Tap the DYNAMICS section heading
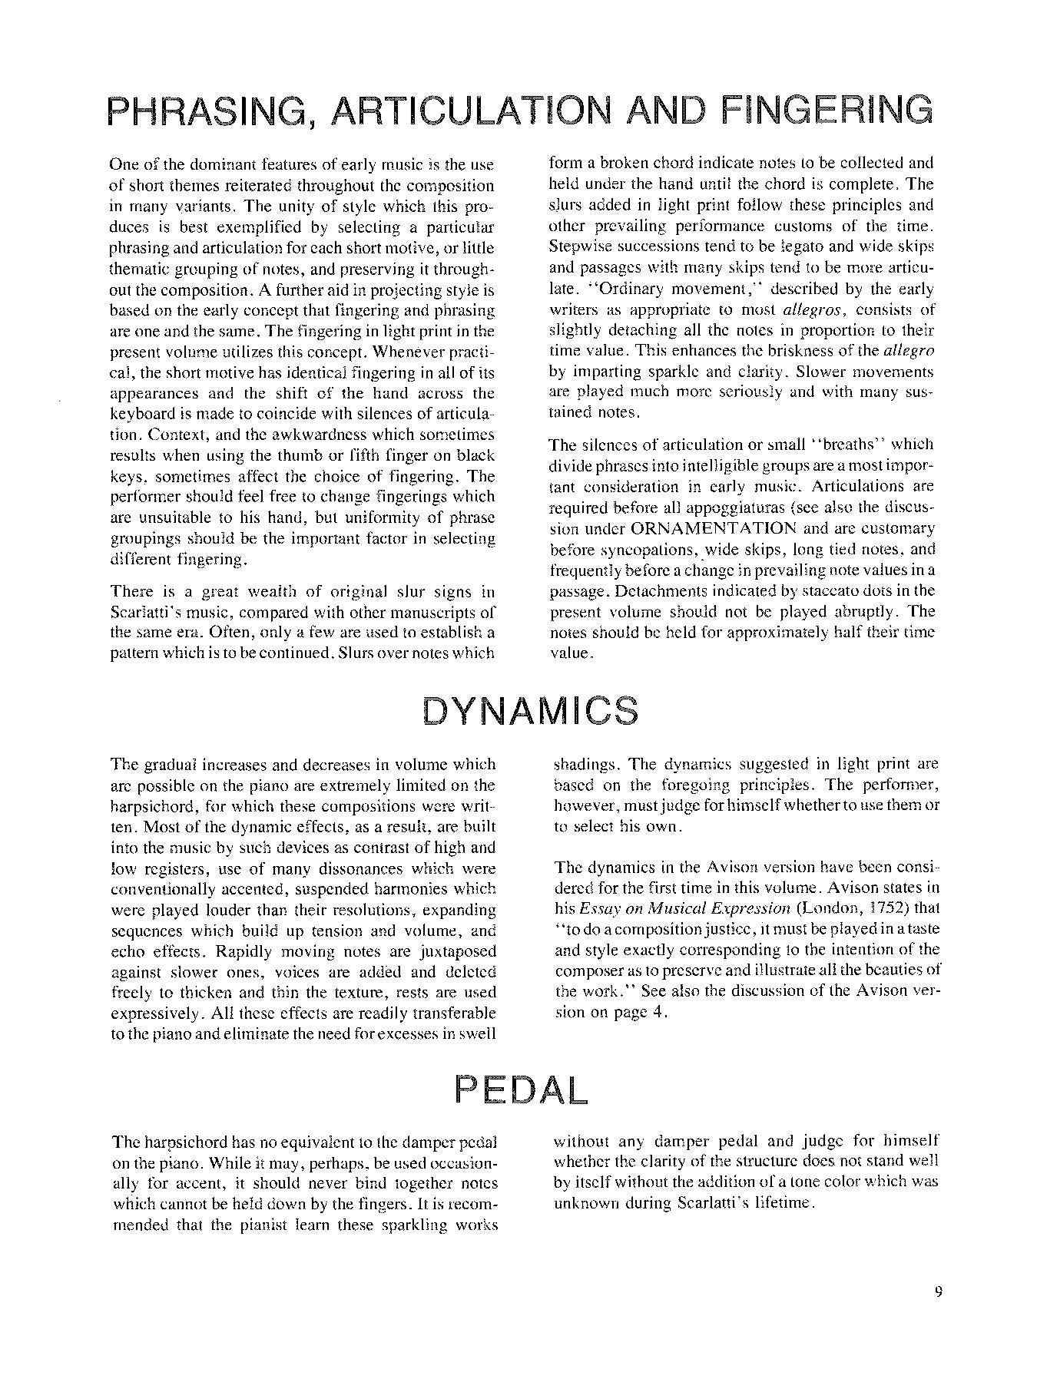click(530, 711)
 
